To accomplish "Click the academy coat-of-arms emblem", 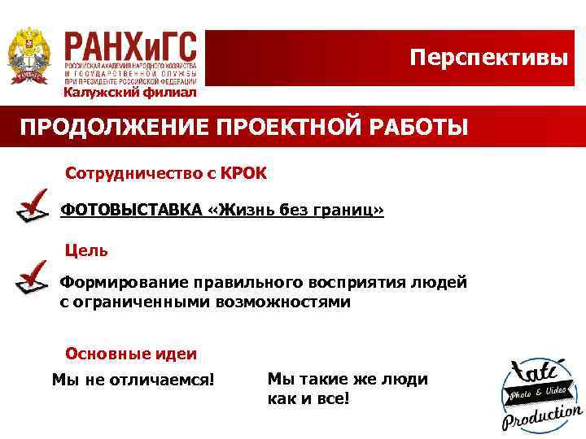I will (28, 55).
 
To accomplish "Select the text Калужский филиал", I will (130, 92).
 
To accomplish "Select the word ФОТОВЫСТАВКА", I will (131, 211).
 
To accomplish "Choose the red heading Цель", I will (86, 250).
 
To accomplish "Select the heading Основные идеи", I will (130, 354).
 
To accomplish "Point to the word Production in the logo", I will (541, 416).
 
